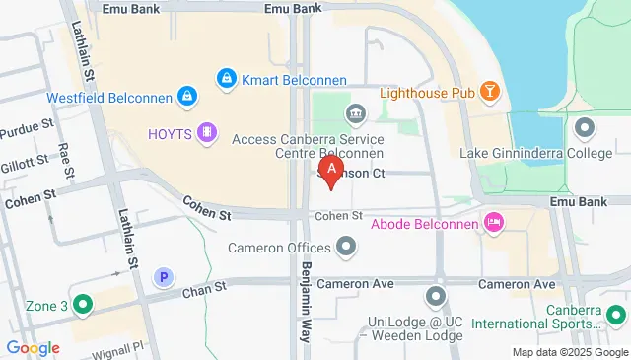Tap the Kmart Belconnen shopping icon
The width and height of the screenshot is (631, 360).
[227, 76]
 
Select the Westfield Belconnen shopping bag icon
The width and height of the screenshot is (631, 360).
[185, 96]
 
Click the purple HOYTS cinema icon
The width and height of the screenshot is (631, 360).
[206, 132]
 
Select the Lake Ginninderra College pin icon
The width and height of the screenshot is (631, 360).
[585, 128]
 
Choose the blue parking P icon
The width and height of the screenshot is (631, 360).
[164, 279]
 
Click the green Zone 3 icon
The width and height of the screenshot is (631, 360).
[83, 306]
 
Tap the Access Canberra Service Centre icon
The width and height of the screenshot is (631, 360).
[354, 114]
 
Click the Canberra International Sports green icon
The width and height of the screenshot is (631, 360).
[615, 315]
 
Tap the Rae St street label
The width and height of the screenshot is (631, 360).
[65, 160]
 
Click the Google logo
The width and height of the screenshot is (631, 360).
[33, 347]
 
